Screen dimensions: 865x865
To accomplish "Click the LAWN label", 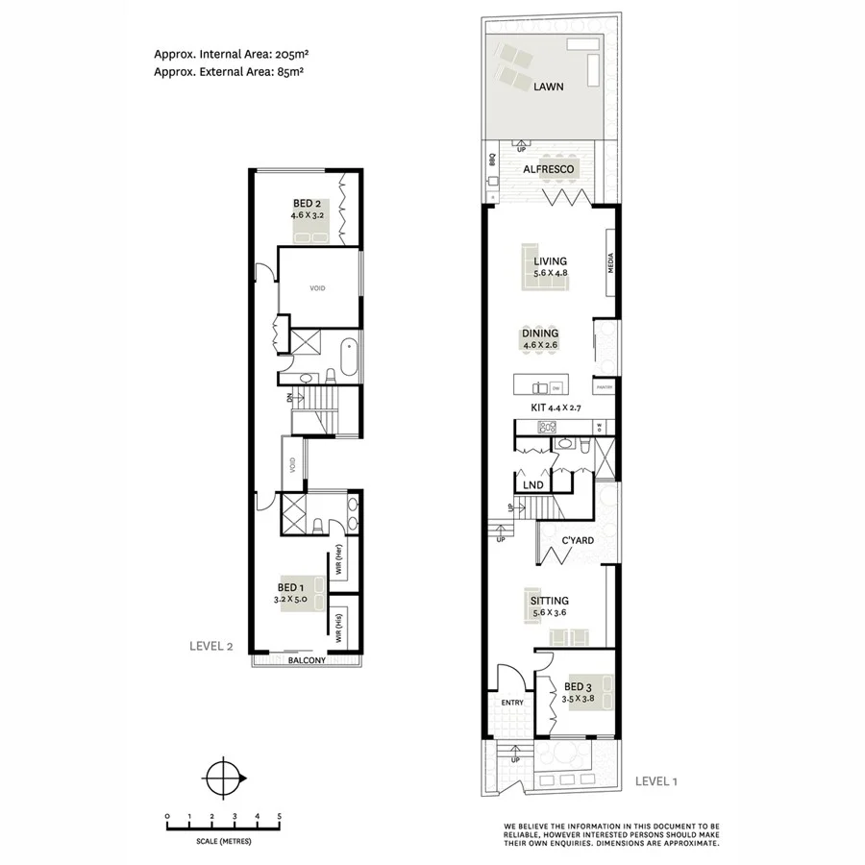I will click(x=548, y=86).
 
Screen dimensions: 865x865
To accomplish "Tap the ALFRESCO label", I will click(x=549, y=170).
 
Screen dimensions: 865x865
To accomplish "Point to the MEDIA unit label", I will click(x=609, y=263).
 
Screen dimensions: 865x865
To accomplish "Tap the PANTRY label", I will click(x=604, y=387).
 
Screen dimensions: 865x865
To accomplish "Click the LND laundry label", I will click(x=532, y=485).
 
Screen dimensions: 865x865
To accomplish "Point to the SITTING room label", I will click(x=549, y=602).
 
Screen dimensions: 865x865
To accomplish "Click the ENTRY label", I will click(x=512, y=703).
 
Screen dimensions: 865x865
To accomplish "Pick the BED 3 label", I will click(x=579, y=687).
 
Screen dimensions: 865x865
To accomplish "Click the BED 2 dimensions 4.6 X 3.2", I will click(x=309, y=216).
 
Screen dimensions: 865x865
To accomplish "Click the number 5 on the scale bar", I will click(x=280, y=816).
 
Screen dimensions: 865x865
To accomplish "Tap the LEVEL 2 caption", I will click(x=210, y=646).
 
